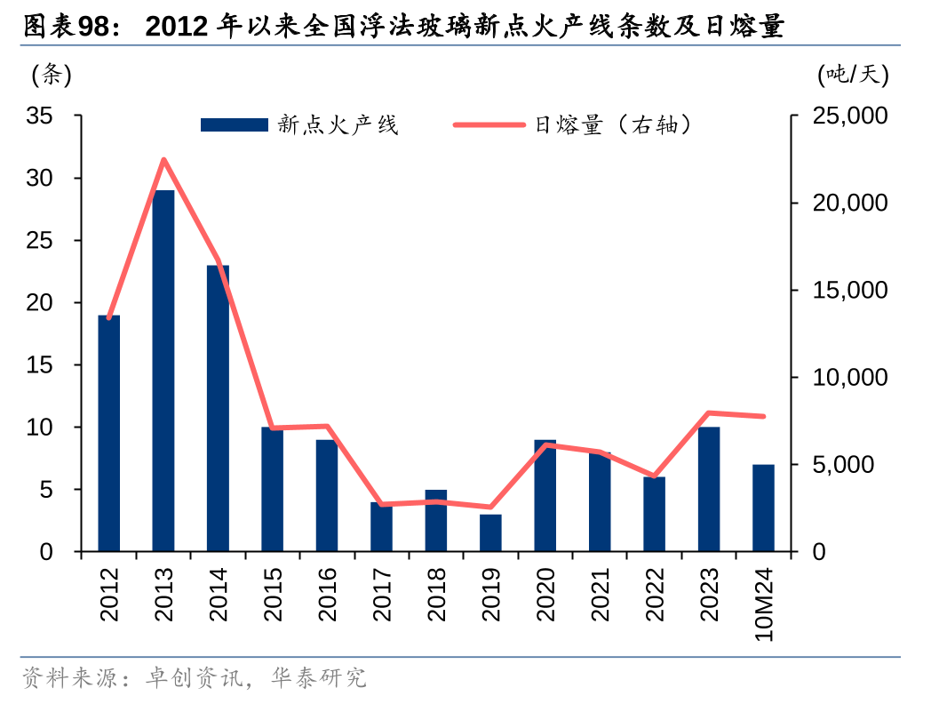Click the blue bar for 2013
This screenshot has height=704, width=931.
pos(163,371)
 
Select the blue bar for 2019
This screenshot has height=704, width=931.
pos(490,532)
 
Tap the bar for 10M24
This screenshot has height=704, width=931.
pos(763,508)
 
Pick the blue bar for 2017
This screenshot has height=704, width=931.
pos(381,526)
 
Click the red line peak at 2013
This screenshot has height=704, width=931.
pos(163,160)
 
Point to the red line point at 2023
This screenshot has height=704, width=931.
pos(709,412)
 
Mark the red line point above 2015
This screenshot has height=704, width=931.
pos(273,428)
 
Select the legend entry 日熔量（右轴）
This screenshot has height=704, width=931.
pos(613,125)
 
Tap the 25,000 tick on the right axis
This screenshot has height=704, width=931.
pos(849,116)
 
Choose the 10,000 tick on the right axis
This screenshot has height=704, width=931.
pos(849,378)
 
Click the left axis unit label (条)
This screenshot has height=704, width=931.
pos(51,76)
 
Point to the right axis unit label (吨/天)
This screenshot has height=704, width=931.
pos(852,76)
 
